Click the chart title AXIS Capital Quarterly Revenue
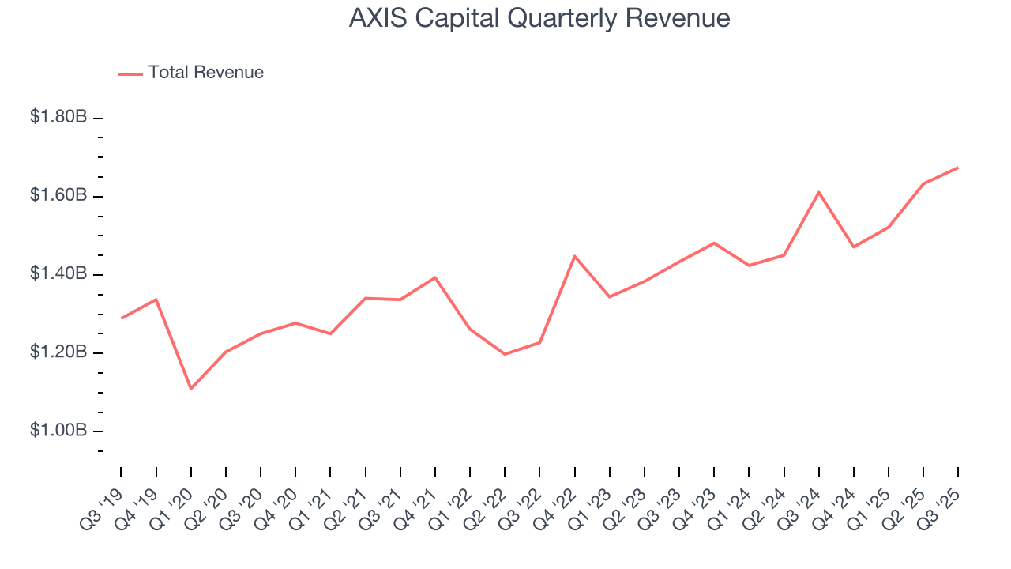pos(539,18)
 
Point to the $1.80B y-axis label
pos(58,117)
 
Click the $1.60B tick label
pos(58,195)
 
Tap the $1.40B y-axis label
pos(58,274)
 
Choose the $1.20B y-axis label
pos(58,352)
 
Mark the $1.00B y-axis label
pos(58,431)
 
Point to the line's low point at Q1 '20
pos(191,388)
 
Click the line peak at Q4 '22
pos(574,256)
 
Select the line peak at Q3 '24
pos(818,192)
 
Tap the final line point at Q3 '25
pos(957,168)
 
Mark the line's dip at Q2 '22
pos(505,354)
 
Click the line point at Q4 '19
pos(156,299)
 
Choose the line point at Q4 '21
pos(435,277)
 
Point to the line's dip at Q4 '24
pos(853,247)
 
